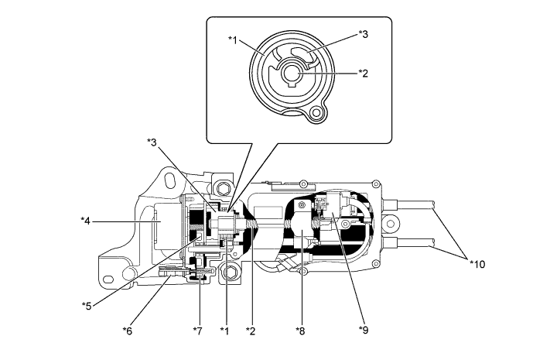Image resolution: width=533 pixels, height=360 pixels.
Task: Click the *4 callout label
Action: pyautogui.click(x=87, y=221)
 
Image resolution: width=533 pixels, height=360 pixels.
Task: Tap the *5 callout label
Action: pyautogui.click(x=87, y=304)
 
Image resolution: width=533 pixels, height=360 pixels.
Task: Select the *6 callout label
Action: pyautogui.click(x=128, y=331)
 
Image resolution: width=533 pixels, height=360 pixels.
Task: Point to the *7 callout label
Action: pyautogui.click(x=198, y=331)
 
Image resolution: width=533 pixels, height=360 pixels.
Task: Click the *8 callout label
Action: pyautogui.click(x=301, y=331)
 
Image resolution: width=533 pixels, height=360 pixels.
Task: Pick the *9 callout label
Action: pyautogui.click(x=364, y=331)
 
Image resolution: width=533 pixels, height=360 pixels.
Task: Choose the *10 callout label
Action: pyautogui.click(x=480, y=264)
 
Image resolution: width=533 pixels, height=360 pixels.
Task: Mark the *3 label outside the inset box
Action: pyautogui.click(x=152, y=141)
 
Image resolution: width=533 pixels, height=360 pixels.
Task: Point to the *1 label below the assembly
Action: pyautogui.click(x=224, y=331)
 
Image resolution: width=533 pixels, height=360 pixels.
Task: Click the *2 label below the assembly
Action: pyautogui.click(x=250, y=331)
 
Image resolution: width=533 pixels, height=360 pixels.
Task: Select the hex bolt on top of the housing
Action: pyautogui.click(x=222, y=188)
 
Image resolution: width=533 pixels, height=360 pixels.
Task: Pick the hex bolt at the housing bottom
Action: pyautogui.click(x=229, y=273)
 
